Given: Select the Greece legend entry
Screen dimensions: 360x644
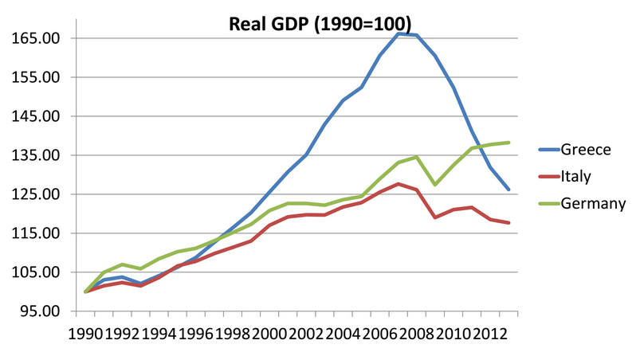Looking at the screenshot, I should point(585,149).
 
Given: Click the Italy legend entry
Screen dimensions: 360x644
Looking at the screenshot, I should point(575,176).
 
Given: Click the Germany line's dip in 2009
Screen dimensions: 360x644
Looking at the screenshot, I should point(435,185).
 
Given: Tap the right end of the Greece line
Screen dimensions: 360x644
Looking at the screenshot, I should point(509,190).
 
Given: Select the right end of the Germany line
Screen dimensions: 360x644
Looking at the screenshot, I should point(509,143).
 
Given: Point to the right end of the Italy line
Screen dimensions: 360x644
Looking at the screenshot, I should point(509,223).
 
